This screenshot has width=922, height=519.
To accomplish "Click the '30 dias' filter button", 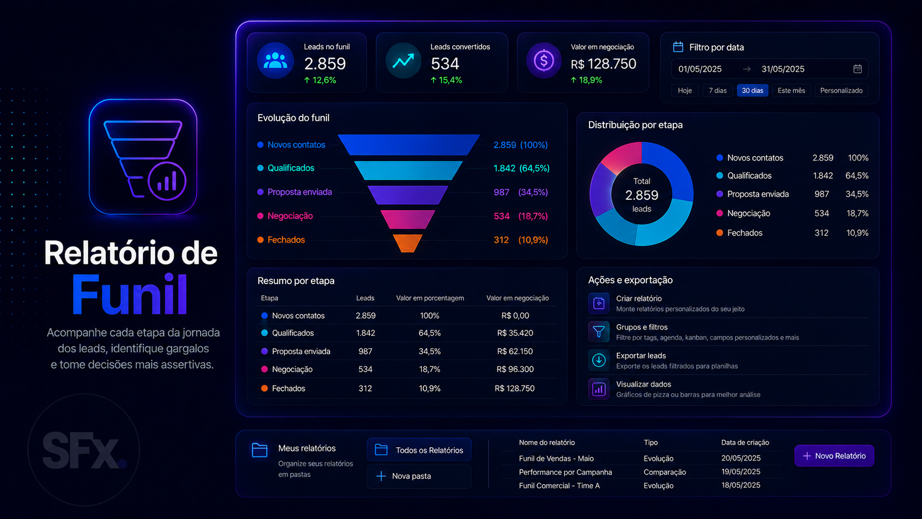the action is pyautogui.click(x=752, y=90).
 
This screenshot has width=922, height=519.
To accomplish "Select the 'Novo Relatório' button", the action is pyautogui.click(x=834, y=456).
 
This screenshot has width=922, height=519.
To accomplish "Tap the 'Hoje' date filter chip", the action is pyautogui.click(x=685, y=90).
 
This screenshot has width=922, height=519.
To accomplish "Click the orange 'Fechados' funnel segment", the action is pyautogui.click(x=408, y=243).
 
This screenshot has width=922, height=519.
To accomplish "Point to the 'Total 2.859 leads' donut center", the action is pyautogui.click(x=641, y=195).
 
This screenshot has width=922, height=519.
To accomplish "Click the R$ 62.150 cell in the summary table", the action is pyautogui.click(x=514, y=351).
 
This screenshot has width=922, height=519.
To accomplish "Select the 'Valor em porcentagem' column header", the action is pyautogui.click(x=430, y=298).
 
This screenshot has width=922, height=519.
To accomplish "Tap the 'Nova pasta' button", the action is pyautogui.click(x=419, y=476).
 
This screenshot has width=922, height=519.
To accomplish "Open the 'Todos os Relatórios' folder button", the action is pyautogui.click(x=419, y=450).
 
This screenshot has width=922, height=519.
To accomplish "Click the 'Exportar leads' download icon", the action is pyautogui.click(x=598, y=360).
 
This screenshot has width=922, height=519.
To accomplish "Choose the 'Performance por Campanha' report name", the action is pyautogui.click(x=565, y=472).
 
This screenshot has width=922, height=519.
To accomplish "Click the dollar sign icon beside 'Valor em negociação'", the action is pyautogui.click(x=544, y=61).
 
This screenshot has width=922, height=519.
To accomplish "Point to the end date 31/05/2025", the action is pyautogui.click(x=782, y=69).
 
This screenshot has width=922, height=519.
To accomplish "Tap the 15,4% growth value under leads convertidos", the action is pyautogui.click(x=446, y=81).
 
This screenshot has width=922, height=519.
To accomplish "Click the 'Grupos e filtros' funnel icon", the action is pyautogui.click(x=598, y=331).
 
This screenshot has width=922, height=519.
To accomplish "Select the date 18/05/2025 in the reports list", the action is pyautogui.click(x=741, y=485).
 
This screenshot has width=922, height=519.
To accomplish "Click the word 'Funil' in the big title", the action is pyautogui.click(x=130, y=295).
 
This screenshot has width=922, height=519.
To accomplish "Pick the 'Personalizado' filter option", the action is pyautogui.click(x=841, y=90).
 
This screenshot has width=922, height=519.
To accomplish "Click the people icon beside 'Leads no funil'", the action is pyautogui.click(x=275, y=61).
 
